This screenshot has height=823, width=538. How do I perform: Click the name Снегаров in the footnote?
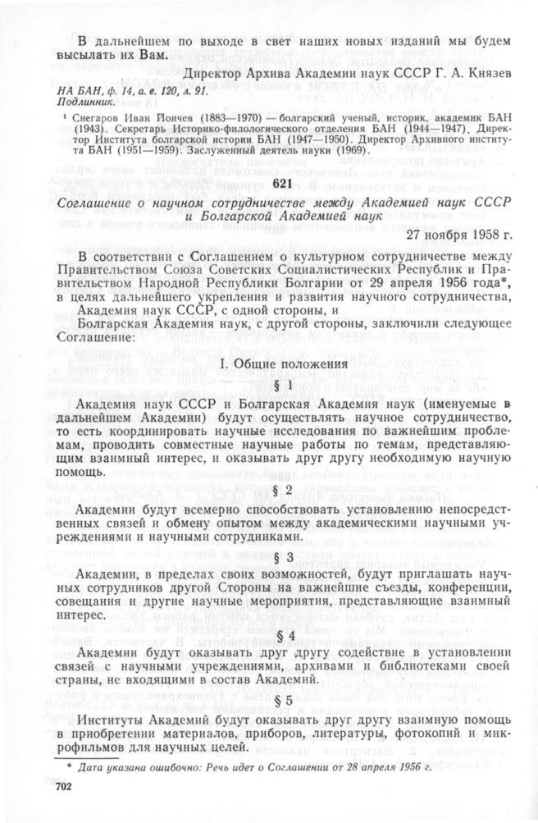(98, 119)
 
